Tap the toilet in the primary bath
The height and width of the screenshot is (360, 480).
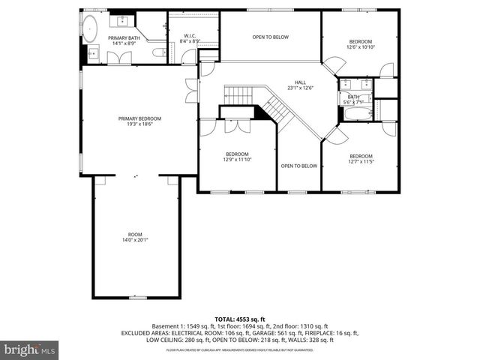[159, 52]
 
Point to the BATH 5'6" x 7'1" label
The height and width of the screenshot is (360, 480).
[353, 98]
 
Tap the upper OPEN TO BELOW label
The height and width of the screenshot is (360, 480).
[270, 37]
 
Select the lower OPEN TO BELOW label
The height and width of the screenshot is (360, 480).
[298, 166]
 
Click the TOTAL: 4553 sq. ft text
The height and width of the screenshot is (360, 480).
[240, 319]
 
